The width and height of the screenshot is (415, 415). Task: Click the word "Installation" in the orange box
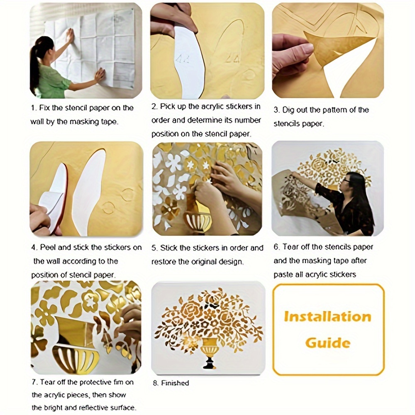coord(327,317)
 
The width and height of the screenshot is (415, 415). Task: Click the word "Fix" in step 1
coord(44,108)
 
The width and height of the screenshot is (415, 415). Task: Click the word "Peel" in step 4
coord(48,247)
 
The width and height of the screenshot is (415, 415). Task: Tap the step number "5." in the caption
coord(155,248)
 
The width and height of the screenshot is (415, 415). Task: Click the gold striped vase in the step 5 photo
coord(198,218)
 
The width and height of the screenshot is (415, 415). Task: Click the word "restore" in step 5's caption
coord(164,262)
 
